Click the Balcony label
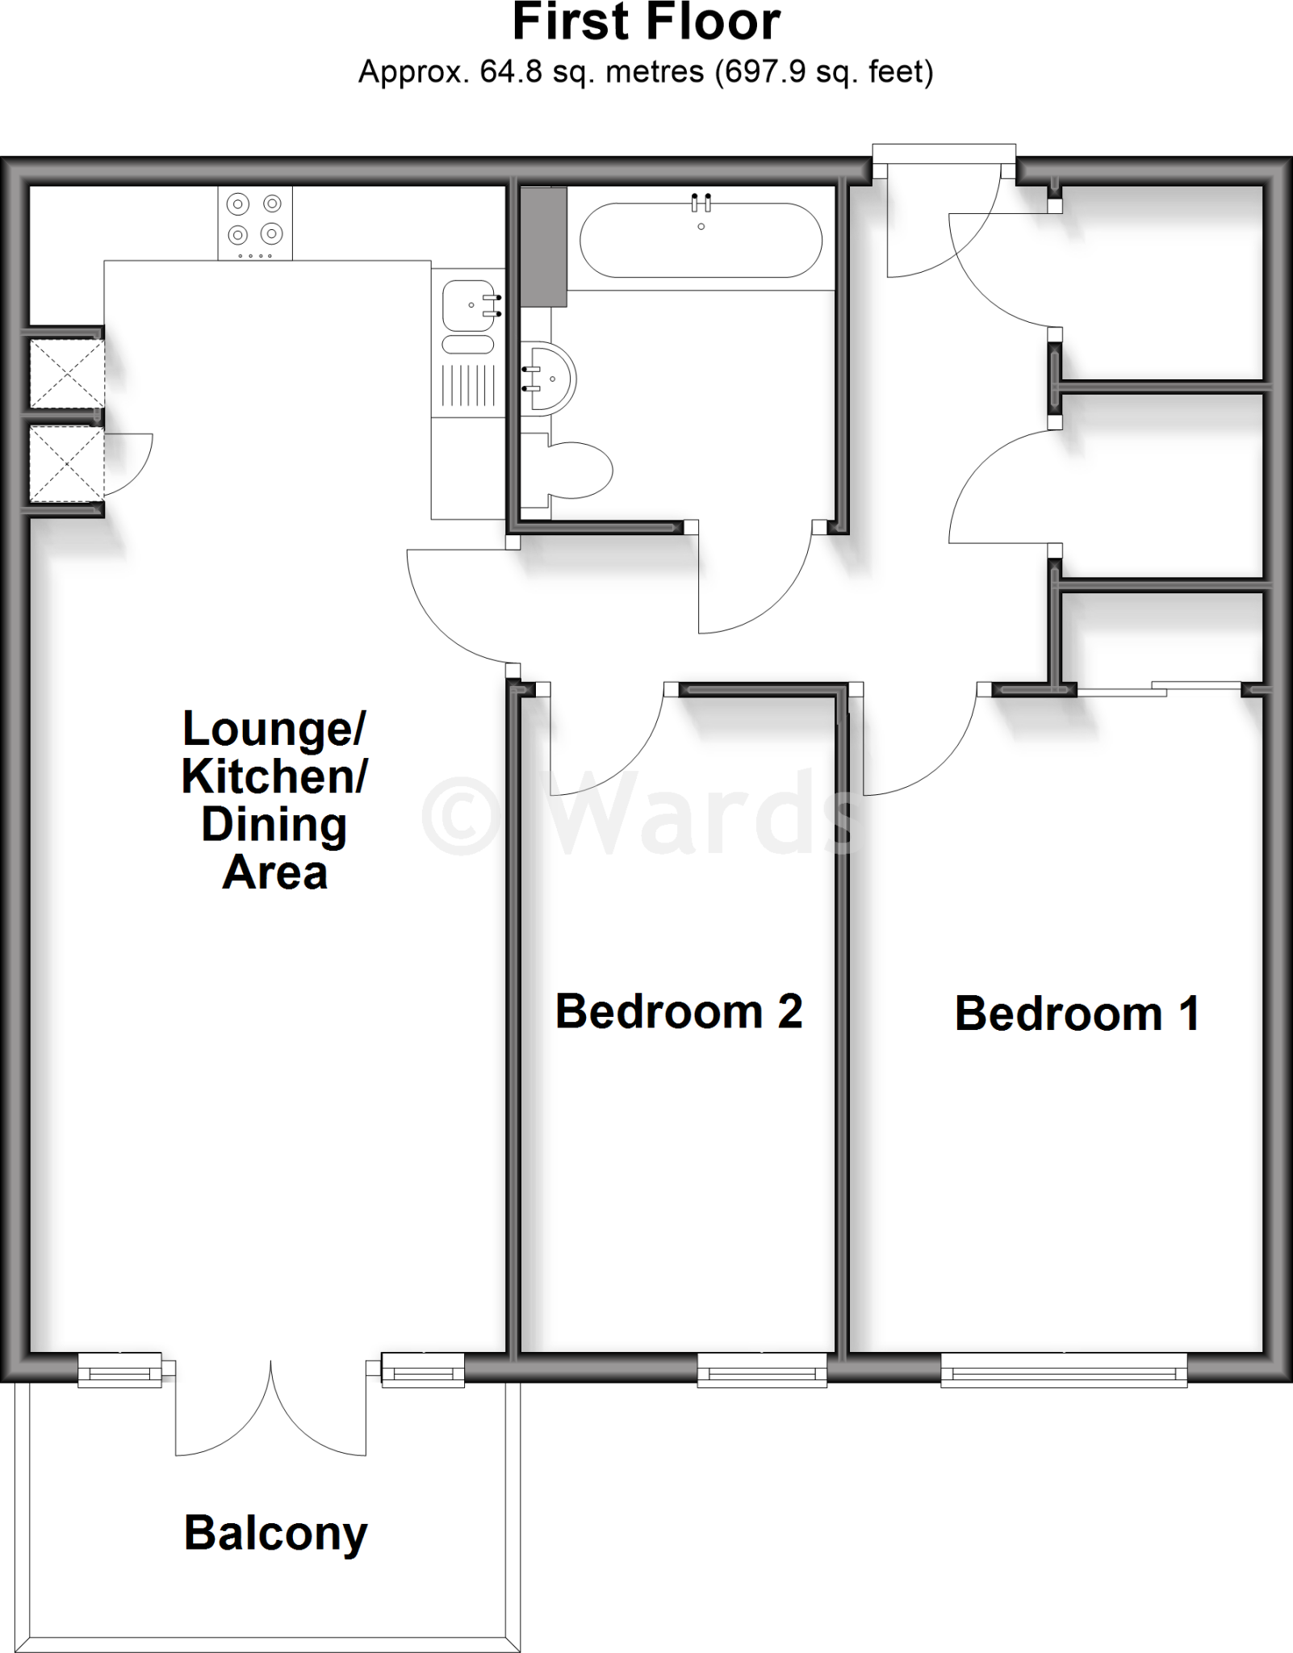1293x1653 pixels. [275, 1534]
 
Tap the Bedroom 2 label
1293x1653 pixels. [679, 1011]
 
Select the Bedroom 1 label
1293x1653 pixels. [1077, 1014]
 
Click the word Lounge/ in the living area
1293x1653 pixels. [274, 729]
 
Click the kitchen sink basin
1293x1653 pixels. [468, 307]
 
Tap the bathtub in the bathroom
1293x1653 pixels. [701, 240]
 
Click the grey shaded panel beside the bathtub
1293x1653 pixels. [543, 246]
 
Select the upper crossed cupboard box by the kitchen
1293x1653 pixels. [66, 373]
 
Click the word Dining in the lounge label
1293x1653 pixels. [274, 825]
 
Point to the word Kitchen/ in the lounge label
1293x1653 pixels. [274, 776]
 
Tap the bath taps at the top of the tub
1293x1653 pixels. [701, 202]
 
